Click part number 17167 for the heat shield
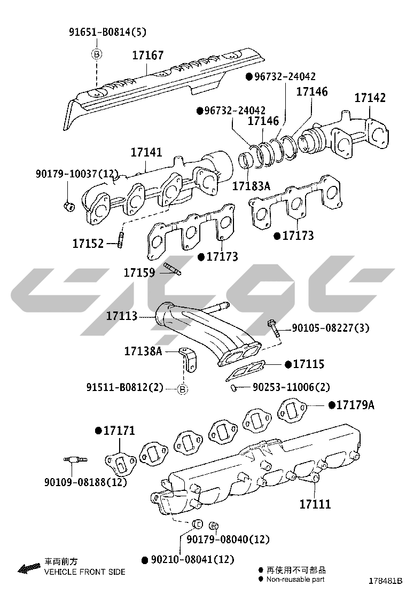pos(147,56)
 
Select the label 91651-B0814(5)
pos(107,32)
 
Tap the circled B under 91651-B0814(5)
pos(97,55)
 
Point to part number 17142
pos(370,98)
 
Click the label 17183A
pos(252,186)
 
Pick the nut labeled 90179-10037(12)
pos(68,207)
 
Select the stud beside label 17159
pos(173,268)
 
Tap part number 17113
pos(122,316)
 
